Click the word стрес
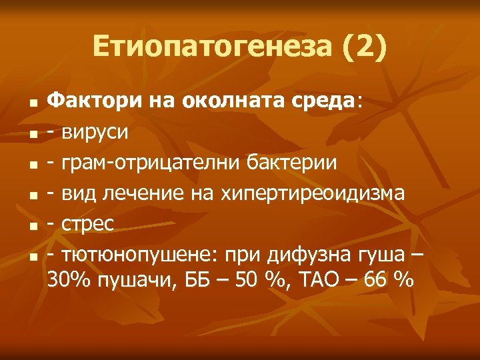(x=89, y=225)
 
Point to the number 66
(x=379, y=281)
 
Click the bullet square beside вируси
(x=33, y=134)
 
